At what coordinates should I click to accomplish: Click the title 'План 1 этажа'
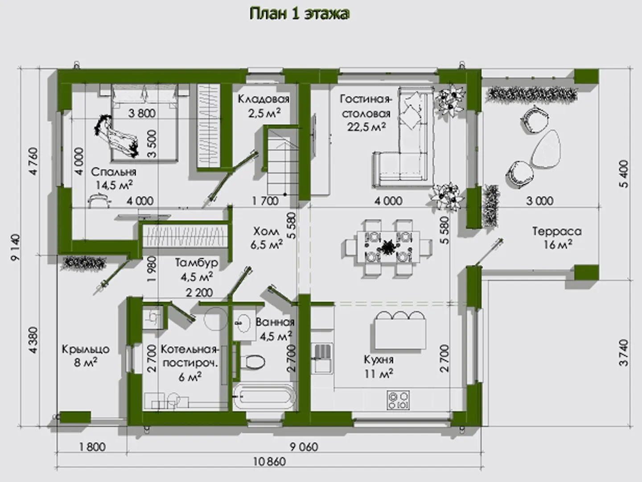tap(299, 14)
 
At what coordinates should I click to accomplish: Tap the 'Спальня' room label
tap(113, 172)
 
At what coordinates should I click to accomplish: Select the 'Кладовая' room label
tap(263, 99)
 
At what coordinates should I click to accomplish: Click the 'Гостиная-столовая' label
tap(366, 106)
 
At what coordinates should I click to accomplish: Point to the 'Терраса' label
tap(557, 231)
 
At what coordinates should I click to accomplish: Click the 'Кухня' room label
tap(379, 360)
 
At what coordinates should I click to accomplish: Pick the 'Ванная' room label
tap(275, 322)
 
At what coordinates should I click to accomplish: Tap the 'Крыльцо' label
tap(86, 349)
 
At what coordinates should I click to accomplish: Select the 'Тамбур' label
tap(196, 263)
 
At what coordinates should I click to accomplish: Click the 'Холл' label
tap(266, 231)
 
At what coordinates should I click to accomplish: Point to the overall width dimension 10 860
tap(269, 462)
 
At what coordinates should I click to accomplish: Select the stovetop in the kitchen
tap(398, 399)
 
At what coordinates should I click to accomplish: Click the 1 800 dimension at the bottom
tap(93, 447)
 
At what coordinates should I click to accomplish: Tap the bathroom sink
tap(243, 322)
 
